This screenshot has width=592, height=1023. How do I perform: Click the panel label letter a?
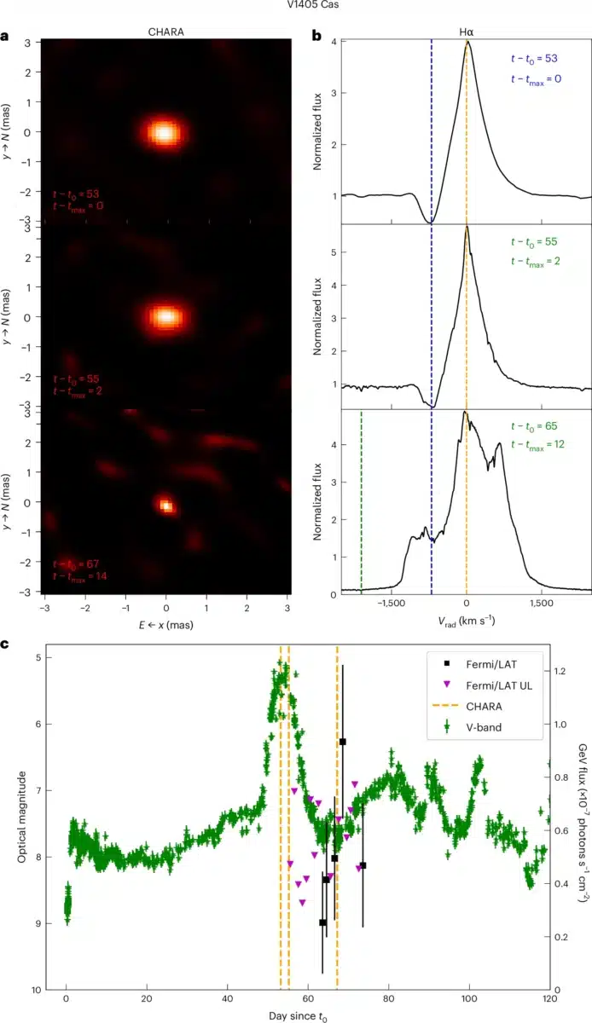tap(7, 37)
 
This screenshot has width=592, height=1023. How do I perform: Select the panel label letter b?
tap(316, 37)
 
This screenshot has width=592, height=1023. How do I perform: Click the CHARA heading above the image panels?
tap(165, 32)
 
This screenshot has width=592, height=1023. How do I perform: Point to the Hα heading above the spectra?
tap(465, 32)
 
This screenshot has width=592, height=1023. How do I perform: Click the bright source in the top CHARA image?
tap(163, 133)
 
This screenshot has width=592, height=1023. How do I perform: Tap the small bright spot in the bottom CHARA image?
tap(166, 506)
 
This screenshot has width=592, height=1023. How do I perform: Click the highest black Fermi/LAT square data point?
tap(342, 742)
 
